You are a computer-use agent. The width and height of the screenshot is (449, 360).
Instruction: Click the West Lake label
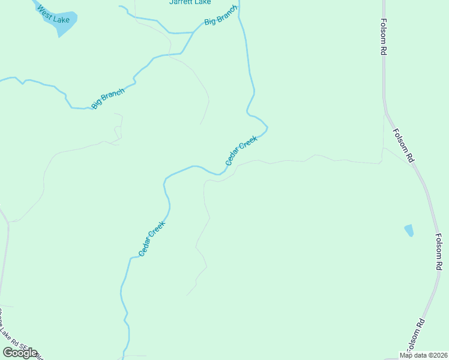point(53,15)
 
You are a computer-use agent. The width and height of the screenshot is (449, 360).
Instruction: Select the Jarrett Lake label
point(185,2)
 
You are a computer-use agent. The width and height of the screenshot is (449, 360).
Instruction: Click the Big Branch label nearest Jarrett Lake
point(221,15)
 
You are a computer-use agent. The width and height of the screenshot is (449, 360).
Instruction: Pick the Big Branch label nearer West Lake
point(108,99)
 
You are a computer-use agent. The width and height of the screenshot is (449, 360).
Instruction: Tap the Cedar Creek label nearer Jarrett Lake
point(241,151)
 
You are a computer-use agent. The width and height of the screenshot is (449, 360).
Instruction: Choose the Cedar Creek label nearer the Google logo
point(151,239)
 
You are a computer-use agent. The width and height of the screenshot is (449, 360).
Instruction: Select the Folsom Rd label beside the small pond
point(439,251)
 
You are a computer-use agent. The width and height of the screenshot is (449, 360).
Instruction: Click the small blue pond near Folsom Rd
point(409,230)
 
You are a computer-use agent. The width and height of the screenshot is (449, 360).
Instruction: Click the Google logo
point(20,353)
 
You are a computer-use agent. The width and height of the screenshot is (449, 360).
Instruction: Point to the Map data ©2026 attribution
point(423,355)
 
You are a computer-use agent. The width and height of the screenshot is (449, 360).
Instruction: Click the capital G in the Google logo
point(7,353)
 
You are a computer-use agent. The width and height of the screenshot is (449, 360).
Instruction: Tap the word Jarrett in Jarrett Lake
point(178,2)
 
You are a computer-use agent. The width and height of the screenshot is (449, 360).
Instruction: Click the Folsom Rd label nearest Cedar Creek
point(403,146)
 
